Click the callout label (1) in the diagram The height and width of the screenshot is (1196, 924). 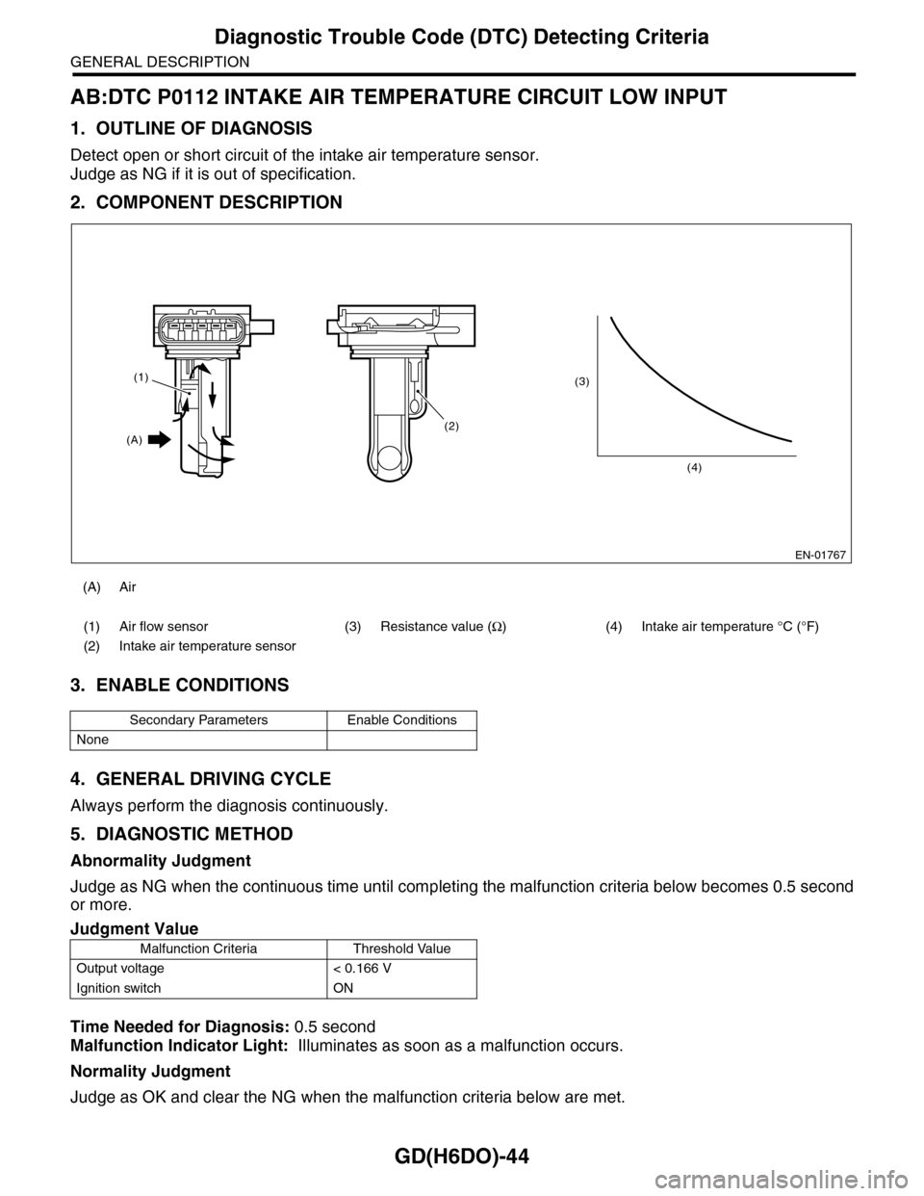point(141,378)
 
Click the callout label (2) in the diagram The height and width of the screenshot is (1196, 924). point(452,425)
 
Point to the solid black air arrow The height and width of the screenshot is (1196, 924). point(160,440)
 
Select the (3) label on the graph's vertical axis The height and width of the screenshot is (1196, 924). point(581,382)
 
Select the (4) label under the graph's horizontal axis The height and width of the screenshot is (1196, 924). point(694,467)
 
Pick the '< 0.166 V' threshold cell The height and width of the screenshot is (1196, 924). point(355,968)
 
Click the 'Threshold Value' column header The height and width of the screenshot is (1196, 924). point(401,949)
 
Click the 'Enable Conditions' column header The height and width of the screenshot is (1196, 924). point(401,719)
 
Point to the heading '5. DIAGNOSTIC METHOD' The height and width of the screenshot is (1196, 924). point(181,833)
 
